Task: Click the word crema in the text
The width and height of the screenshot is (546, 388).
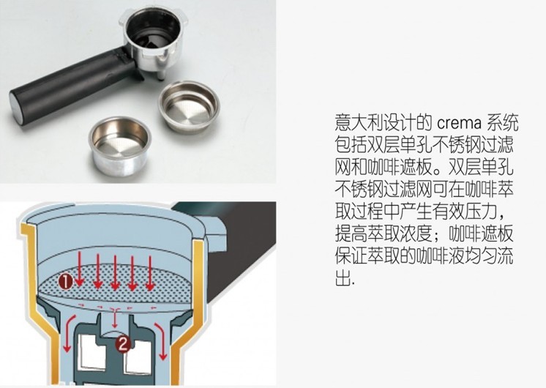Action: pos(459,123)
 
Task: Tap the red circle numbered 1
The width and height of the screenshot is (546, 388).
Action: pos(66,281)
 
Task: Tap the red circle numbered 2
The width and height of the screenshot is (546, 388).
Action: pos(123,344)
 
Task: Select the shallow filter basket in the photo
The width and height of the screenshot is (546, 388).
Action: pos(189,106)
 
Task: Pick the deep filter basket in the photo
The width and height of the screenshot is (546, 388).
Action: pos(119,146)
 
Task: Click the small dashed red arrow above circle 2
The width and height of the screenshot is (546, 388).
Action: pos(115,318)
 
